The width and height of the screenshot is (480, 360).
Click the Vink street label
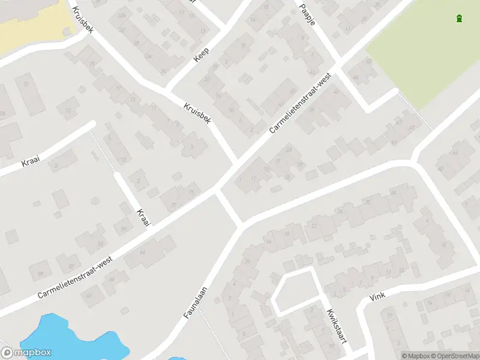tap(377, 296)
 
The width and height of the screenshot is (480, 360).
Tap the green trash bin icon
tap(460, 19)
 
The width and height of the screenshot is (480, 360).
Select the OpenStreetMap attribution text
tap(454, 356)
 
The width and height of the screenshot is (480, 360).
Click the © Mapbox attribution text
tap(415, 356)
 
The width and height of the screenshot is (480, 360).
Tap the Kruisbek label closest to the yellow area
tap(82, 19)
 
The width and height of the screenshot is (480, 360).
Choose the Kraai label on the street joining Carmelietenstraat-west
tap(142, 218)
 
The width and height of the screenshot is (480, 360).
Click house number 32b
tap(123, 14)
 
